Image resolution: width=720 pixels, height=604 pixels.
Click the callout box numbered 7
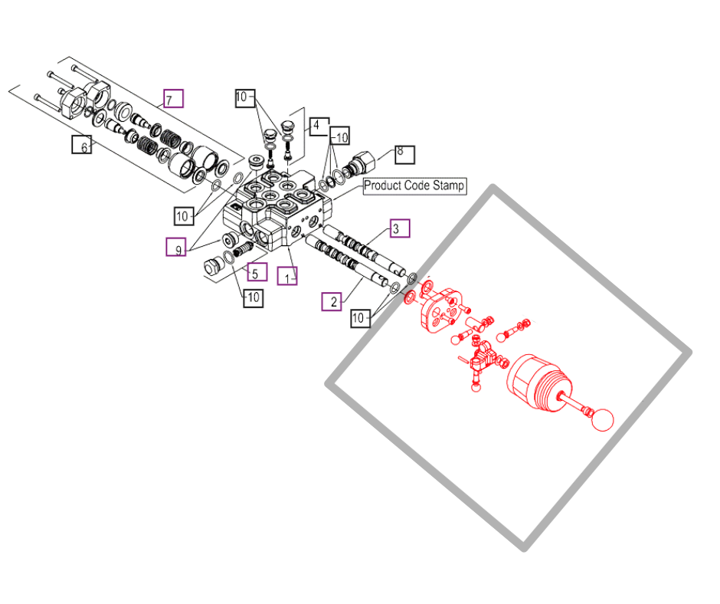coord(174,98)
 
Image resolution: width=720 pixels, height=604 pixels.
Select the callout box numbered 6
coord(82,144)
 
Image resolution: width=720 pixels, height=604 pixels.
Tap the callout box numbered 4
coord(319,126)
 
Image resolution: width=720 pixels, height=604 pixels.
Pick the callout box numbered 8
coord(404,154)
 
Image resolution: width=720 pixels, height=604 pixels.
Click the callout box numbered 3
coord(400,228)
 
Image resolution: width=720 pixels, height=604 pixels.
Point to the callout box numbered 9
coord(176,247)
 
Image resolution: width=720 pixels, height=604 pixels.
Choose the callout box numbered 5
coord(257,271)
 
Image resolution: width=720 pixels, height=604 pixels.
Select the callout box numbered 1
coord(287,276)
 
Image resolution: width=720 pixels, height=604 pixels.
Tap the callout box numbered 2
coord(332,301)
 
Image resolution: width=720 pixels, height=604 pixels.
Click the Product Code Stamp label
coord(414,186)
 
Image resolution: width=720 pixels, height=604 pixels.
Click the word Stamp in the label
coord(448,185)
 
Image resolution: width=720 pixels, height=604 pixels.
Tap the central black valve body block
coord(277,209)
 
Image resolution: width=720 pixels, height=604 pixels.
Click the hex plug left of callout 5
coord(214,267)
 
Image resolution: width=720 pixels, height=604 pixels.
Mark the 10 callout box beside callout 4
coord(340,136)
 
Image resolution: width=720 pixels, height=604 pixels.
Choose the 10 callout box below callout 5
coord(253,298)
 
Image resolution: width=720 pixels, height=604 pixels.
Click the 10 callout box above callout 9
coord(184,215)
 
